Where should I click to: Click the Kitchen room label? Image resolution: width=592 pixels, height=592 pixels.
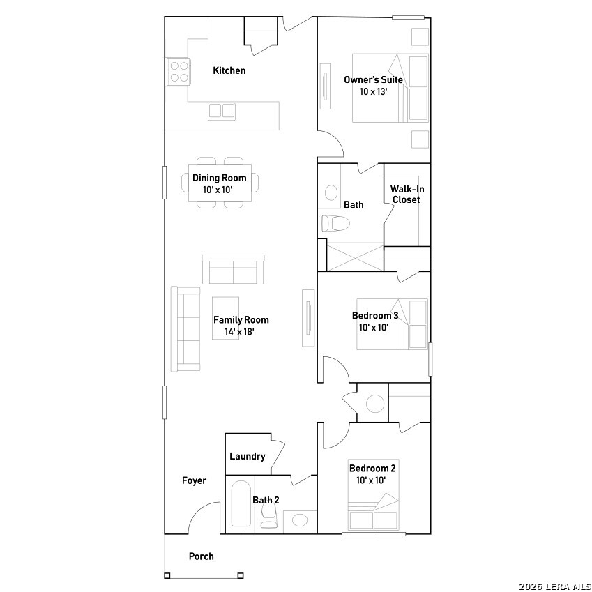click(229, 70)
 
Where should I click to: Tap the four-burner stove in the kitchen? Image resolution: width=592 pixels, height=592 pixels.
click(179, 71)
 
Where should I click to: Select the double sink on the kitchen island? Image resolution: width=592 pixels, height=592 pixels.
click(222, 111)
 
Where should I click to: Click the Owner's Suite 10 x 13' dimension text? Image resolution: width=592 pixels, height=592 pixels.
click(373, 91)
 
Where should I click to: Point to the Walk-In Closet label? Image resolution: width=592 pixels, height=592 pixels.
click(407, 194)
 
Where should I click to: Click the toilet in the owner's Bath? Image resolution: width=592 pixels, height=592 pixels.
click(335, 223)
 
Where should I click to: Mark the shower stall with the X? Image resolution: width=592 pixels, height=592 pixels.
click(355, 257)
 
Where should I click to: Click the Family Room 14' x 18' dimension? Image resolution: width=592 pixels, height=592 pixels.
click(239, 332)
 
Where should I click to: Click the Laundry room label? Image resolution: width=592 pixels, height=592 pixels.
click(248, 457)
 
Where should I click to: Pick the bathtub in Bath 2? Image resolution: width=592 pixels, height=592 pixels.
click(240, 503)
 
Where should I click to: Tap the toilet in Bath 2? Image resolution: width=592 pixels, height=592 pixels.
click(268, 516)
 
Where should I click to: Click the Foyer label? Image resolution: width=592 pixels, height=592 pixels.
click(194, 480)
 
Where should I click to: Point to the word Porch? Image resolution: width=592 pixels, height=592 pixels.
click(202, 556)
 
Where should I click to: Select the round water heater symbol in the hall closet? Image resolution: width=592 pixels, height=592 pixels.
click(375, 404)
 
